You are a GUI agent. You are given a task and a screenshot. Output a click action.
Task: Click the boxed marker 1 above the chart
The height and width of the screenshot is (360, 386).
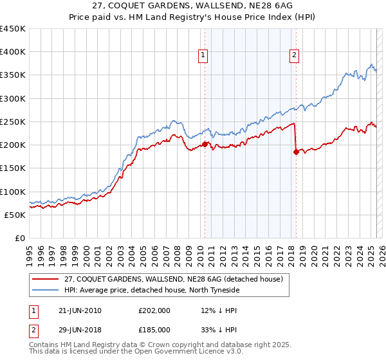[x=203, y=56]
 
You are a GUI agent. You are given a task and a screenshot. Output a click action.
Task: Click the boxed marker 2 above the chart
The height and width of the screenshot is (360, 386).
[x=294, y=56]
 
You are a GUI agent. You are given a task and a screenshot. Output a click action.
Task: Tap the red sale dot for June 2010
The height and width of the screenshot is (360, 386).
[x=205, y=144]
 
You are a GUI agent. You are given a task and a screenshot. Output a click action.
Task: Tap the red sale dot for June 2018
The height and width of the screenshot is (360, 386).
[x=296, y=152]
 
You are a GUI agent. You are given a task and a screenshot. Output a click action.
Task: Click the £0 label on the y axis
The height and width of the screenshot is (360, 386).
[x=20, y=238]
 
